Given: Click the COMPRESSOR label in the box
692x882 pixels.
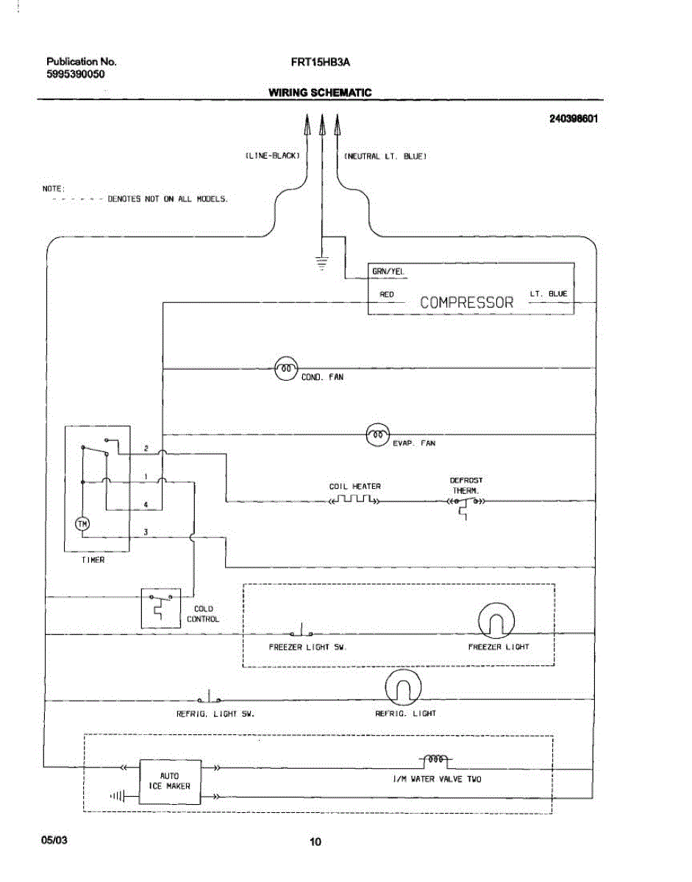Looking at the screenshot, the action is coord(467,302).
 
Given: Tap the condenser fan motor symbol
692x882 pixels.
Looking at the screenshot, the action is coord(286,368).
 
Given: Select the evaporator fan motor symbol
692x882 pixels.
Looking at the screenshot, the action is coord(378,434).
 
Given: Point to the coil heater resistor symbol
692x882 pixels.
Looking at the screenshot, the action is coord(354,499).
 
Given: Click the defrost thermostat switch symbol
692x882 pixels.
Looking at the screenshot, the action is coord(466,506).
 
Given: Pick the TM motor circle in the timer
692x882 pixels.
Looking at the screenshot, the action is coord(82,524).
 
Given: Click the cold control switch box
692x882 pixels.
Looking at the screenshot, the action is coord(161,609).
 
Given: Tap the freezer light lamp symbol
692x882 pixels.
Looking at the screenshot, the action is coord(496,621).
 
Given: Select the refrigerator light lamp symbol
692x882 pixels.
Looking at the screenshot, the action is coord(403,687).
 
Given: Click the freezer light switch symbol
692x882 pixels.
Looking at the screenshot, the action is coord(302,631).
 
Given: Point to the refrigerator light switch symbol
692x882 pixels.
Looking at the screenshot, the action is coord(209,697).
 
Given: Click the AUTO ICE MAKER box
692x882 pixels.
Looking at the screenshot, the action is coord(170,782).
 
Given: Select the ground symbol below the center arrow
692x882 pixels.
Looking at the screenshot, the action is coord(321,264).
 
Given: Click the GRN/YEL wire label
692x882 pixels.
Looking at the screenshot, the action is coord(388,271).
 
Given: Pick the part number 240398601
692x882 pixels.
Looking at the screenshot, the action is coord(574,119).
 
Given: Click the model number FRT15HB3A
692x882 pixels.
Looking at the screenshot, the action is coord(321,62).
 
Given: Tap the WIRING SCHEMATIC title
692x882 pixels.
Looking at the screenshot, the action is coord(320,93).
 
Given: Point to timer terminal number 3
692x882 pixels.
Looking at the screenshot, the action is coord(146,532).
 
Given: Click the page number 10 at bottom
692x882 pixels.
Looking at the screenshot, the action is coord(315,842).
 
